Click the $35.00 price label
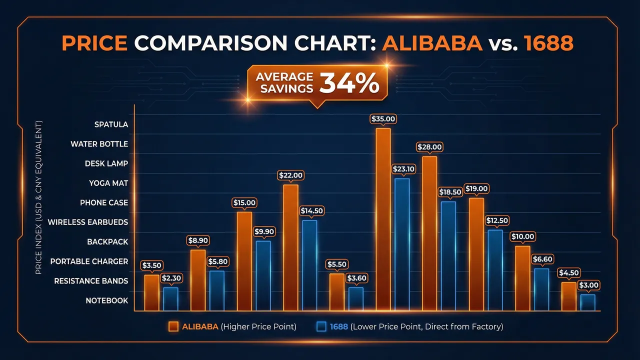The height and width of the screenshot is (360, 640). coord(383,119)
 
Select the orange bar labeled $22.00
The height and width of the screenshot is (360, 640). coord(290,247)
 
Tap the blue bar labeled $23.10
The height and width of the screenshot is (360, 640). coord(402,244)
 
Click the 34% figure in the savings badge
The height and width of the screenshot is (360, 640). coord(349,83)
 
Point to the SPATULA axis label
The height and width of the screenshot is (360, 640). coord(111,124)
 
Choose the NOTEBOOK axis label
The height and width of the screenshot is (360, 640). coord(106,300)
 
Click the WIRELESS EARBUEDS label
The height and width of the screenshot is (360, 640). coord(87,222)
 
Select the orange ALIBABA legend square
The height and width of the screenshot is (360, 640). coord(173,326)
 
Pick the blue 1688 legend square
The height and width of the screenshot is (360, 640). coord(321,326)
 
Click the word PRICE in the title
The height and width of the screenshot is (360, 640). coord(94,43)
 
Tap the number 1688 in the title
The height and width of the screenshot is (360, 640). coord(548,43)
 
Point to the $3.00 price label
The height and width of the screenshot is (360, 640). coord(588,285)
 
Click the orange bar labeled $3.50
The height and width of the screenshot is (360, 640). coord(152,292)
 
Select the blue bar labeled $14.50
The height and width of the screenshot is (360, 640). coord(309,265)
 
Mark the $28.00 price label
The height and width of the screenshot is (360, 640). coord(430,147)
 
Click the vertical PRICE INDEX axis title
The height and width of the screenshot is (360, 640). coord(38,197)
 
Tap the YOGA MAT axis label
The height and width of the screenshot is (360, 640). coord(108,183)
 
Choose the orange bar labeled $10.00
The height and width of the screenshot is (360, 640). coord(522,278)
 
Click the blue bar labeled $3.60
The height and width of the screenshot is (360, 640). coord(356,298)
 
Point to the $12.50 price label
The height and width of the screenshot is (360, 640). coord(497,220)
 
